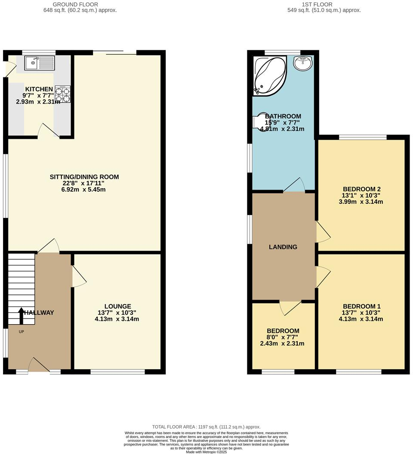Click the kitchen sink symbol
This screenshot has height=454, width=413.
[x=39, y=63]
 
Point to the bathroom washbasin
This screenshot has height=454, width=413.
[x=304, y=64]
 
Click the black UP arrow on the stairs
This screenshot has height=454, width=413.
[x=21, y=315]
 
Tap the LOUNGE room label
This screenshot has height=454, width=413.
[x=117, y=307]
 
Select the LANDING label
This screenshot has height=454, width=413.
[x=283, y=247]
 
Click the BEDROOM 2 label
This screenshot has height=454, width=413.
[x=362, y=189]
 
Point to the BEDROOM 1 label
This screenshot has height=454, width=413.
[x=362, y=307]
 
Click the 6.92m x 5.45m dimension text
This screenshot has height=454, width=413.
[x=84, y=189]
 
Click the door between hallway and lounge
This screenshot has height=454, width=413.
[x=79, y=276]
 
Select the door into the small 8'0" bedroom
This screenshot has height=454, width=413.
[x=290, y=307]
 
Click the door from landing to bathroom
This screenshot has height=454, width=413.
[x=294, y=185]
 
